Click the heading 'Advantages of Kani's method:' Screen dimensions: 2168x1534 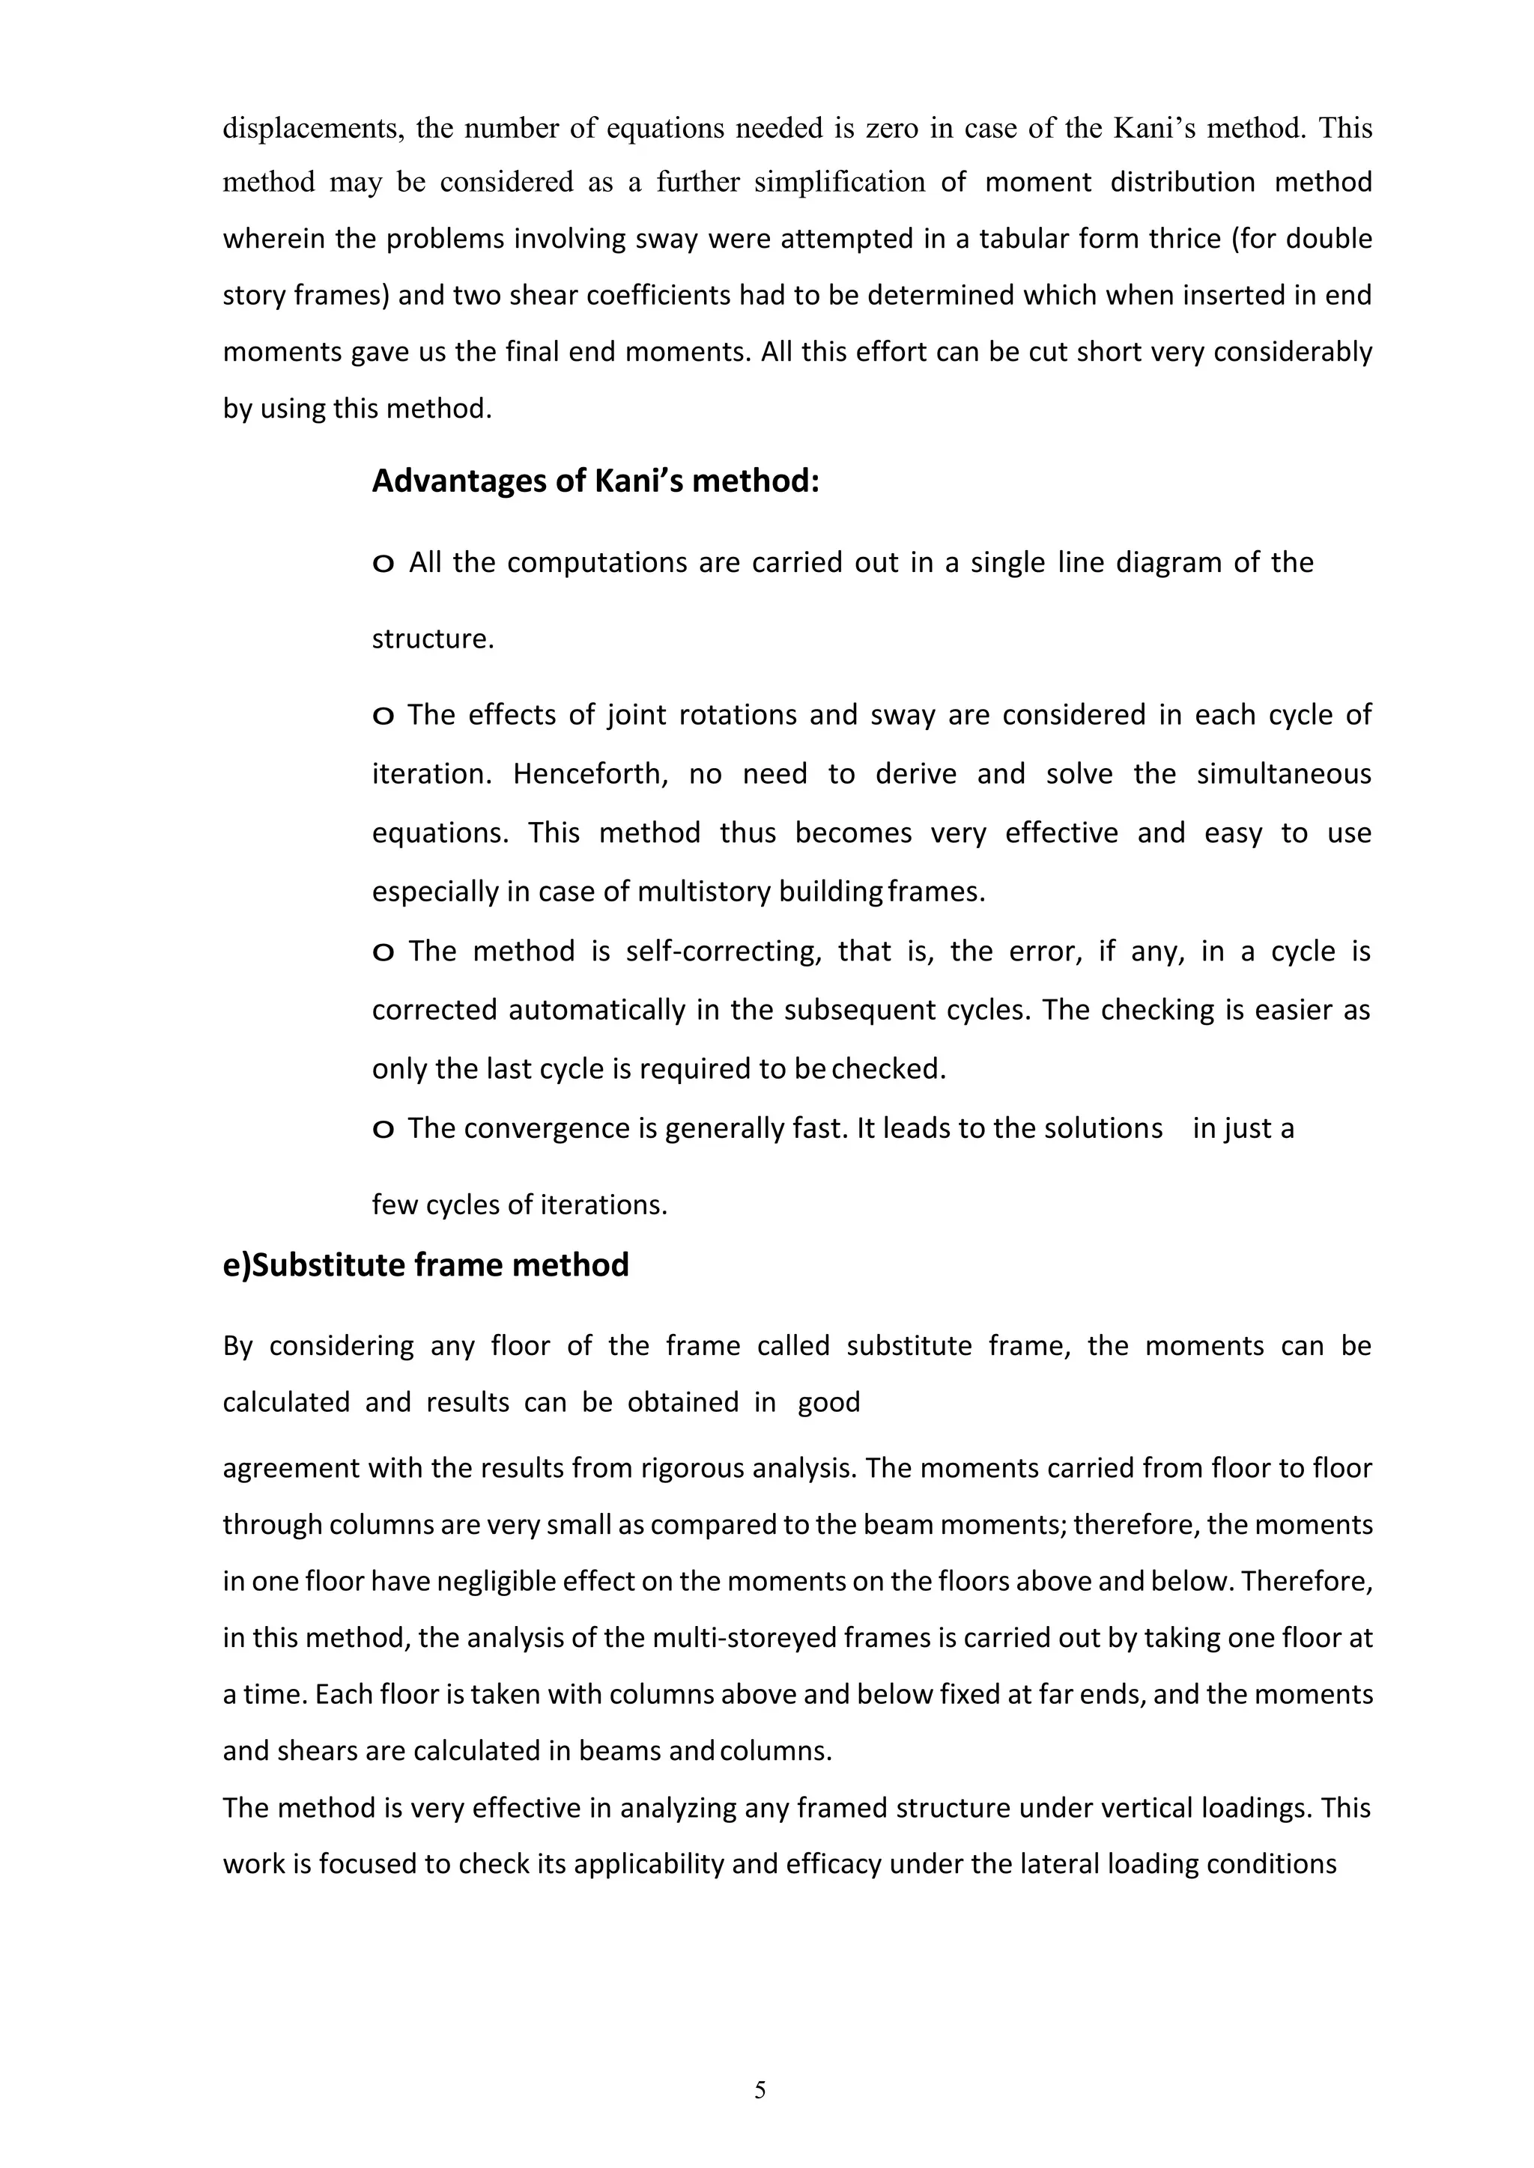tap(595, 481)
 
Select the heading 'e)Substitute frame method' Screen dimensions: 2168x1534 tap(426, 1264)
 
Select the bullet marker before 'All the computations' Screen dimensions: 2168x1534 tap(383, 564)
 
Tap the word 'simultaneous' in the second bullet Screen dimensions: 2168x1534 tap(1284, 774)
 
